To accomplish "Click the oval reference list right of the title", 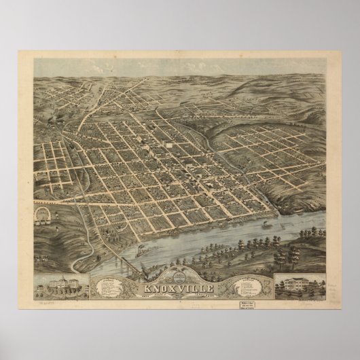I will [x=234, y=279].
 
